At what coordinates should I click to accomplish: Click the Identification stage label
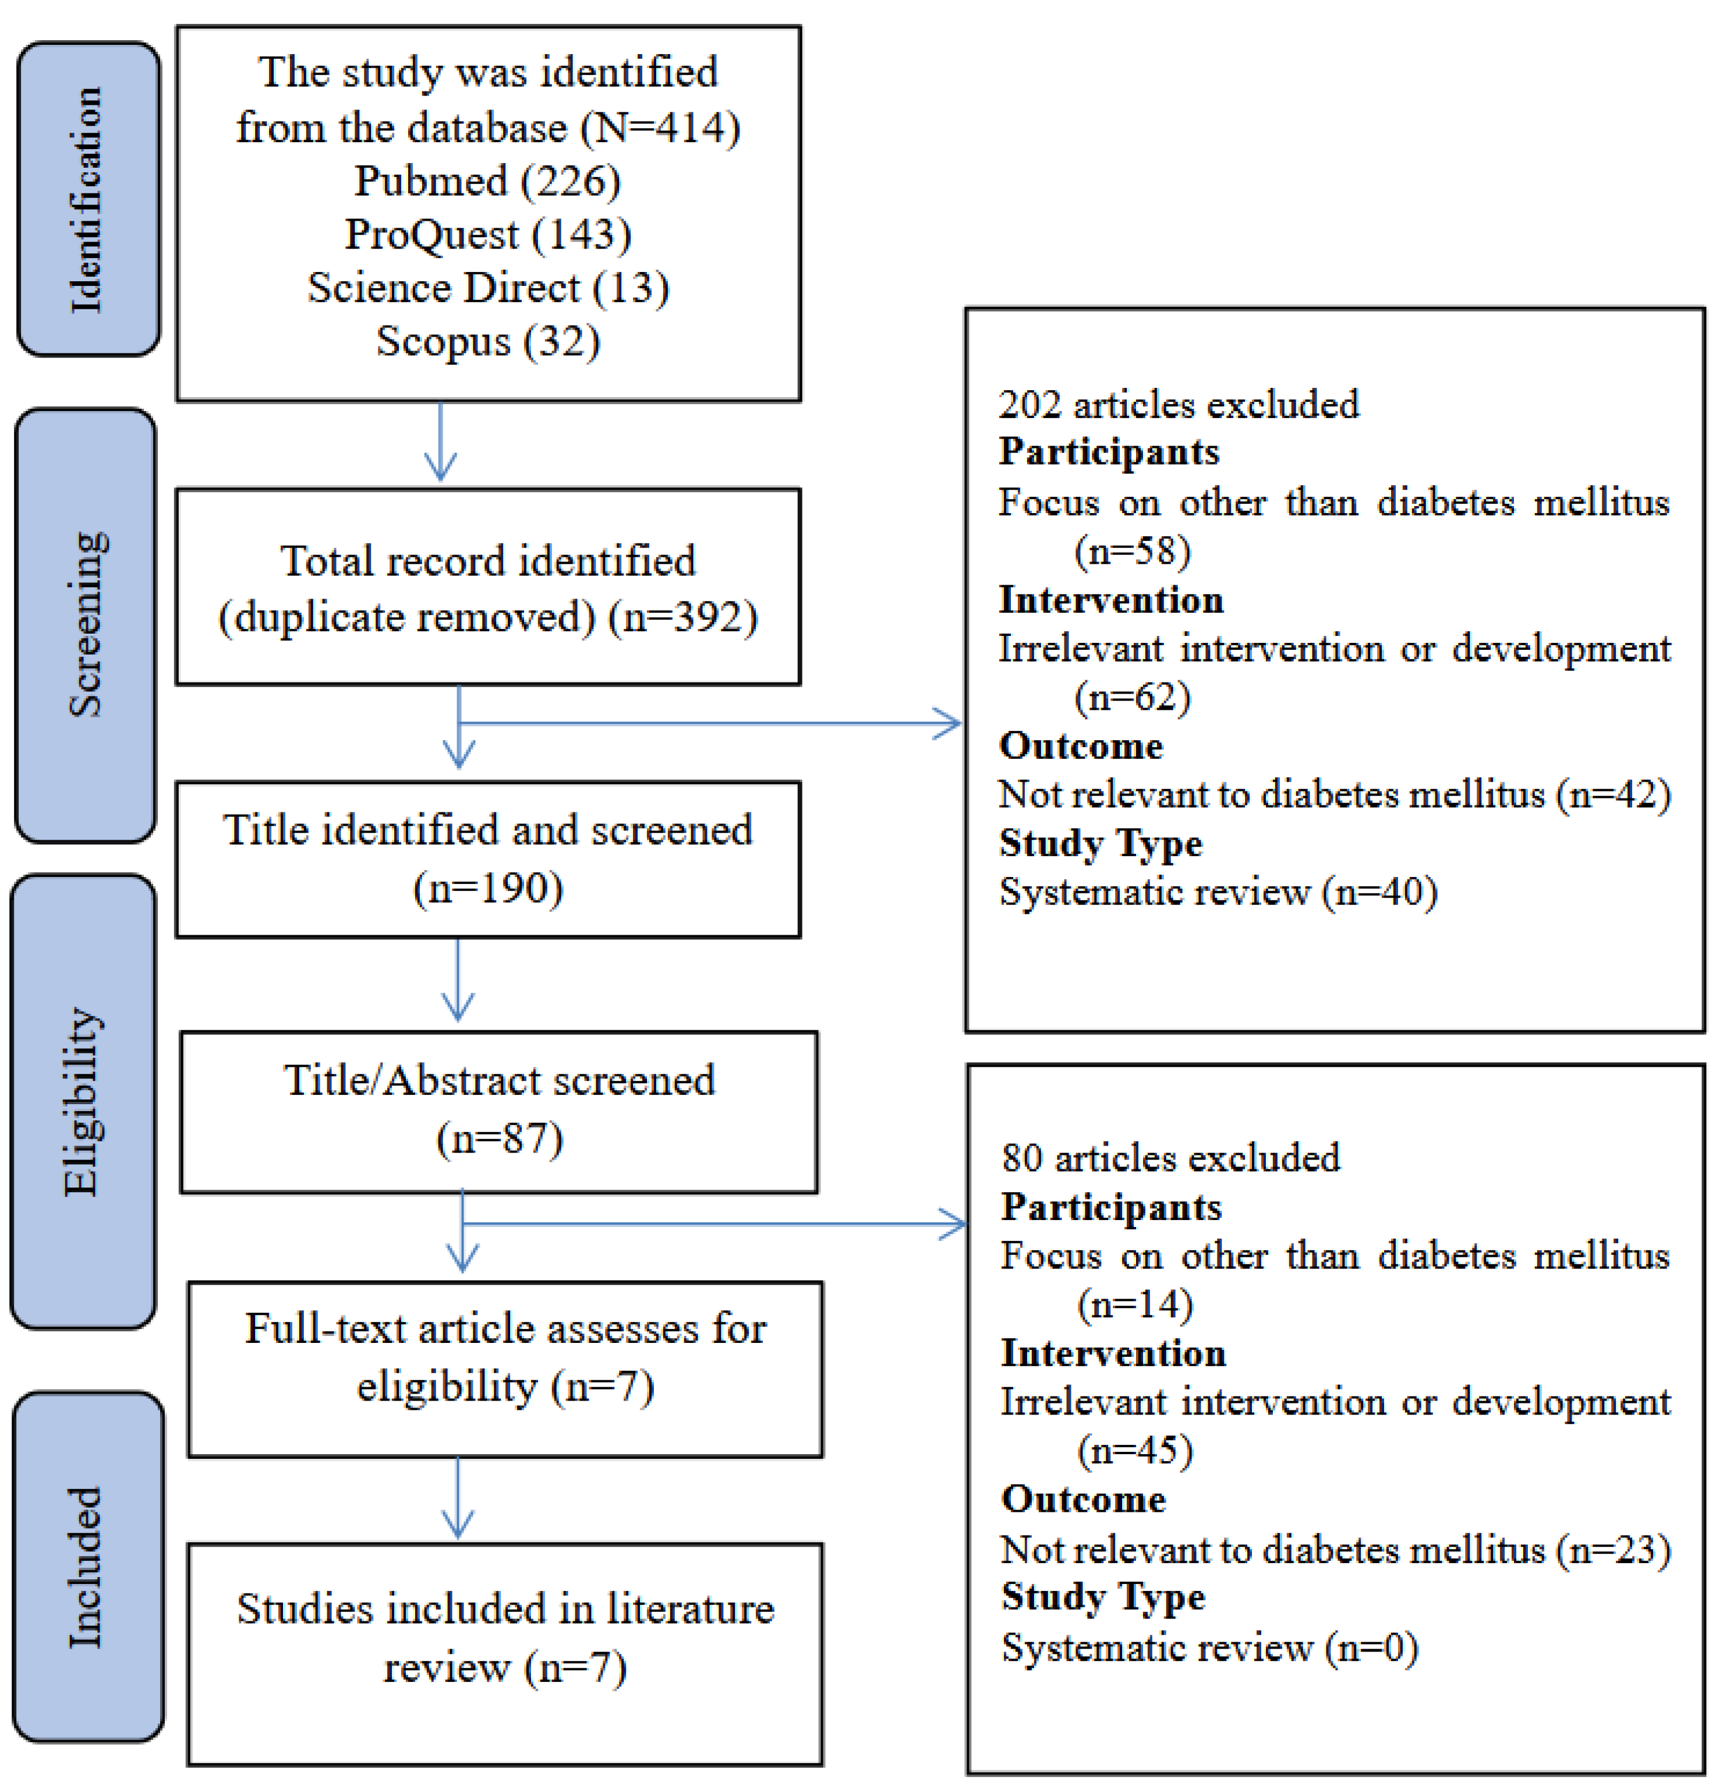tap(87, 199)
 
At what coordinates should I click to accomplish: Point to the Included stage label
tap(87, 1567)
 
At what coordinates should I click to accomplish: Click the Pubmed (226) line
tap(487, 181)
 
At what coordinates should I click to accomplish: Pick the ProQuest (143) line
tap(487, 235)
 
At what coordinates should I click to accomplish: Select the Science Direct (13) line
tap(487, 288)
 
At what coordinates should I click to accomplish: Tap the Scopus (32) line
tap(487, 341)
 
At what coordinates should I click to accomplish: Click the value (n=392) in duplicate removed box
tap(682, 617)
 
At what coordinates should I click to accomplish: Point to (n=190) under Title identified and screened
tap(487, 887)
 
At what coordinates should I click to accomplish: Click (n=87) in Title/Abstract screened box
tap(498, 1138)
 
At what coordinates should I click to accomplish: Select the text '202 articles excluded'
tap(1177, 404)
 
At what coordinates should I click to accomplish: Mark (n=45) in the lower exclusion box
tap(1134, 1451)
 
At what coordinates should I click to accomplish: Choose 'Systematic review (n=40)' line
tap(1218, 892)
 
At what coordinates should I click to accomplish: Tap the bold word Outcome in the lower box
tap(1082, 1500)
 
